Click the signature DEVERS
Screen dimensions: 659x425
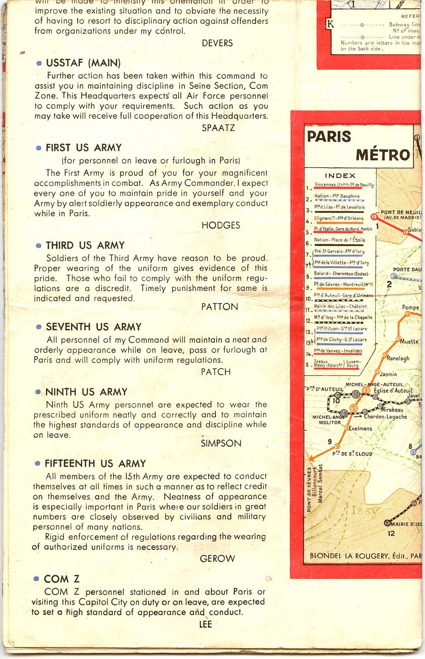point(217,43)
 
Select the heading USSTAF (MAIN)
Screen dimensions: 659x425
point(83,63)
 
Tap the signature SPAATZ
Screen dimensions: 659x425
point(218,128)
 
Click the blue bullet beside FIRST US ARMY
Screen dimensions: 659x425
point(39,148)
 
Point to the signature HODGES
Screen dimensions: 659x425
point(221,225)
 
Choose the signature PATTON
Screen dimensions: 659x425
point(220,307)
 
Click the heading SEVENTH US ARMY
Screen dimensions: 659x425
point(93,327)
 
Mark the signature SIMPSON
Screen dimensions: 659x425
point(221,444)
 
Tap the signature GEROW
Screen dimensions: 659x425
point(217,559)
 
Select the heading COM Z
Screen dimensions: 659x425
point(62,579)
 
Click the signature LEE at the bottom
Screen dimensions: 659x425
point(205,624)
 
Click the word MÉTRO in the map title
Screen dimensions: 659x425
point(383,155)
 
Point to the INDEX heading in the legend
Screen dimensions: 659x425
point(340,175)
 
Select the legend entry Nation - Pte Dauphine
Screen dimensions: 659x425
point(337,196)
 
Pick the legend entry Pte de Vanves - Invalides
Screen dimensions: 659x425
point(338,351)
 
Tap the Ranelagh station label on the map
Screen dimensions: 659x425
point(398,358)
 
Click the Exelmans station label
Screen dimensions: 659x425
point(360,428)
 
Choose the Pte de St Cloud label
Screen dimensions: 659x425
point(352,454)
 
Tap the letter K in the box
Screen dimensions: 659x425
point(329,25)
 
